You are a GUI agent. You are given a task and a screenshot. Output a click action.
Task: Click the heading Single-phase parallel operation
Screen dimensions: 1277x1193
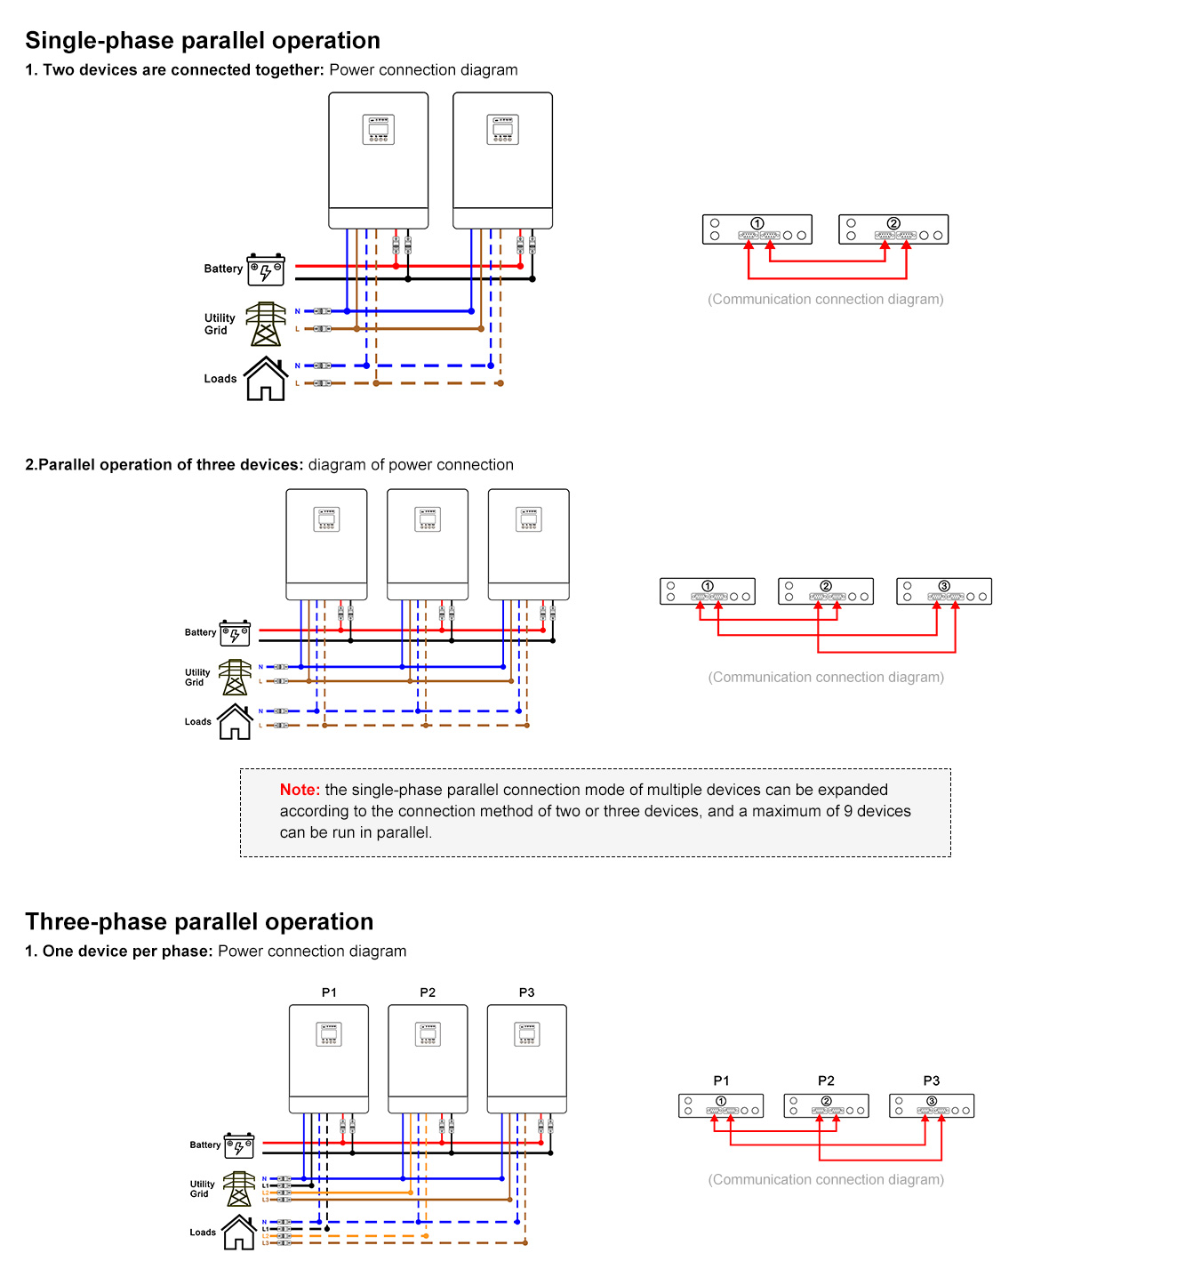point(203,41)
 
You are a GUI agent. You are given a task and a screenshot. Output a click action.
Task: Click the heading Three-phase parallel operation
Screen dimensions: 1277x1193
point(199,922)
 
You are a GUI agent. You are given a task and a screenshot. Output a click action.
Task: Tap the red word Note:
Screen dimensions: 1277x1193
point(300,790)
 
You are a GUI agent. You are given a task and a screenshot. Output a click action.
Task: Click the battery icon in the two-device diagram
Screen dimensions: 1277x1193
point(266,269)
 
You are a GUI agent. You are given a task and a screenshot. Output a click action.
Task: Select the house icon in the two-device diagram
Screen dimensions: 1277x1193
point(266,379)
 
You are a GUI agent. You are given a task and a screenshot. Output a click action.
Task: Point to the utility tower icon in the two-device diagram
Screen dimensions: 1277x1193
point(265,324)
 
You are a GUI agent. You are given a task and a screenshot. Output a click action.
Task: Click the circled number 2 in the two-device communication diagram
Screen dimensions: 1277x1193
point(893,223)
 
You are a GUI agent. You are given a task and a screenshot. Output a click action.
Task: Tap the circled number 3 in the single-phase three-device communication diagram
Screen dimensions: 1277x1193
point(944,586)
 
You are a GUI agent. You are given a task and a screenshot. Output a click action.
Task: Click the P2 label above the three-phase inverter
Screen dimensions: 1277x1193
point(428,992)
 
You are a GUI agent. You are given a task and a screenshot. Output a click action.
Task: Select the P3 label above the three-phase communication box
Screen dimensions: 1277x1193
point(931,1080)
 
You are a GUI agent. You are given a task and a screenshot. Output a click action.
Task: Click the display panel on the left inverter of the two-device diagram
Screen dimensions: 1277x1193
point(379,130)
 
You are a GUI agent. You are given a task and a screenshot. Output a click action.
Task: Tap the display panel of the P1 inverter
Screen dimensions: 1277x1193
point(329,1034)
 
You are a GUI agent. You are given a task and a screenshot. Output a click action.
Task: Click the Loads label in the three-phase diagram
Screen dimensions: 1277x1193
point(203,1233)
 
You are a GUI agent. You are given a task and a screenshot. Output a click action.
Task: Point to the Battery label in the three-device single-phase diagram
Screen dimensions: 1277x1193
point(200,632)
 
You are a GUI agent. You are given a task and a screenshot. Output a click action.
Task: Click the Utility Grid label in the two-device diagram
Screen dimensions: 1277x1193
point(220,324)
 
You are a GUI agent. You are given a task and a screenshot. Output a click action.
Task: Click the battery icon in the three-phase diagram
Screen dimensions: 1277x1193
point(239,1146)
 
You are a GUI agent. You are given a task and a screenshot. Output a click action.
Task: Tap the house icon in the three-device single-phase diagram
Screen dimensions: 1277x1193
point(235,721)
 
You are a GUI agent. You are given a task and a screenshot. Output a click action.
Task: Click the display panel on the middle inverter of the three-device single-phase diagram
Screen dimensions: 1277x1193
point(428,519)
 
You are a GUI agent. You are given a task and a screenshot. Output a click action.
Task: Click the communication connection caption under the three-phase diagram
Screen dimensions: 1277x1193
point(826,1179)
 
